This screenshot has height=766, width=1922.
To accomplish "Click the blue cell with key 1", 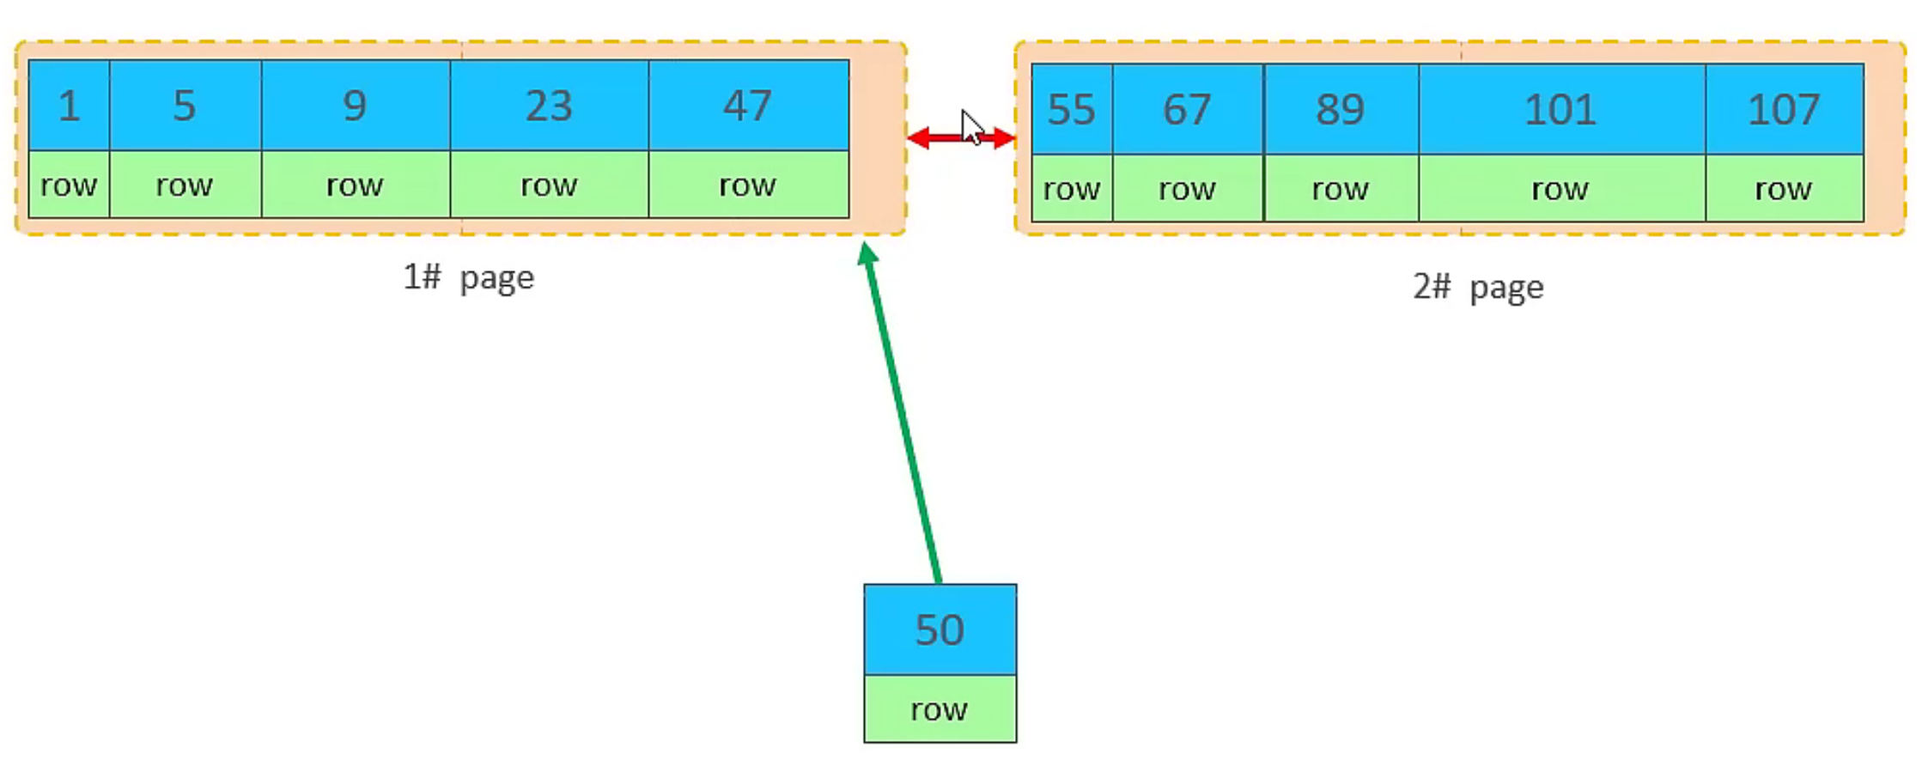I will [69, 106].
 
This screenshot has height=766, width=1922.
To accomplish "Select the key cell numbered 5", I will [185, 106].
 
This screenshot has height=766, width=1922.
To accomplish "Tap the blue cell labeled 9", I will [355, 106].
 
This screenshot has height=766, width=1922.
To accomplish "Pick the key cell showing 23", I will [549, 106].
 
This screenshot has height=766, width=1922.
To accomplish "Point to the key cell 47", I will [748, 106].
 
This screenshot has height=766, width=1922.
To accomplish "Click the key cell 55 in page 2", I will [1071, 109].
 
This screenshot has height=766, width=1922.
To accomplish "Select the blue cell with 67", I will [1187, 109].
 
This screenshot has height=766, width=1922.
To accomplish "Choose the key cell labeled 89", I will [1340, 109].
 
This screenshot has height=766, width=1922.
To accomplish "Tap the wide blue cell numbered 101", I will [1560, 109].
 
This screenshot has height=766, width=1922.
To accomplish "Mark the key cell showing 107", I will [1784, 109].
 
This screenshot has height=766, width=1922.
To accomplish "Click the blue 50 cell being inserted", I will [940, 629].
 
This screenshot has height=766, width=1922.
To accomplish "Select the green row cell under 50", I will [940, 708].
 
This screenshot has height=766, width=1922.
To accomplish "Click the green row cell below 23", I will [549, 185].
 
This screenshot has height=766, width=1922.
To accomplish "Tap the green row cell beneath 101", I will [1560, 188].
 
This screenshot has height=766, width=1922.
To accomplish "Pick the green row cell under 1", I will [69, 185].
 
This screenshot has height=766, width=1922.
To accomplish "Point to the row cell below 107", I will [1784, 188].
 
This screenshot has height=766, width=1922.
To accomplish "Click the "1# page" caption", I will [469, 277].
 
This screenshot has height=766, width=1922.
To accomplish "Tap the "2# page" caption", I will [1478, 286].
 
